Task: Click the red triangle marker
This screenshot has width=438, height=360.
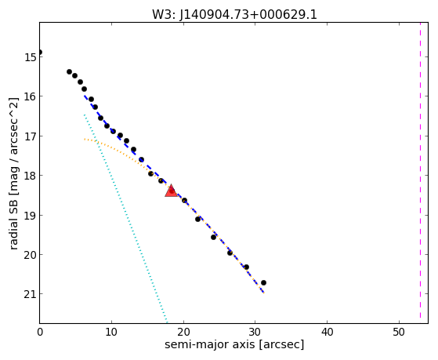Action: point(171,191)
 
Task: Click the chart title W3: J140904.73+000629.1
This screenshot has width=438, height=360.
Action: point(234,15)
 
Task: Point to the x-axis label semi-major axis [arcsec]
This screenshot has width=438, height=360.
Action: point(234,344)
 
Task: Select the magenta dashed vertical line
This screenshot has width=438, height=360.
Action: point(420,170)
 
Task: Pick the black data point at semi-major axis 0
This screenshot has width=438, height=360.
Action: point(40,53)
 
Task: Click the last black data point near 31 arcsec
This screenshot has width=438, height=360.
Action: point(263,283)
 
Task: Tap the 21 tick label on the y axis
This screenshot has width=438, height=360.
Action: point(30,294)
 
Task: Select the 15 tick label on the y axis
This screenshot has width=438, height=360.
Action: point(30,57)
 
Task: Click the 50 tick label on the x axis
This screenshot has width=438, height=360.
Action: point(399,332)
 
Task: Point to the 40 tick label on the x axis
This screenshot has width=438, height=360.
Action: point(327,332)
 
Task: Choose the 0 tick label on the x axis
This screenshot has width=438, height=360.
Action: point(40,332)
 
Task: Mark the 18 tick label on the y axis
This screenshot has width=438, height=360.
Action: point(30,176)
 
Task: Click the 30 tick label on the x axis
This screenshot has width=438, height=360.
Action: point(255,332)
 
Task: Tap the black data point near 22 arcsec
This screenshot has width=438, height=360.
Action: point(197,220)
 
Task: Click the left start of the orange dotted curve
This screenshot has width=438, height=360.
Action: point(85,139)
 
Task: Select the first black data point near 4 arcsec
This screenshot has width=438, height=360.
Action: point(69,72)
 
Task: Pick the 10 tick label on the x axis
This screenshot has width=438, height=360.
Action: point(111,332)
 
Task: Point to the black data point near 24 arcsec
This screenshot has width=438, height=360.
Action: point(213,237)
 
